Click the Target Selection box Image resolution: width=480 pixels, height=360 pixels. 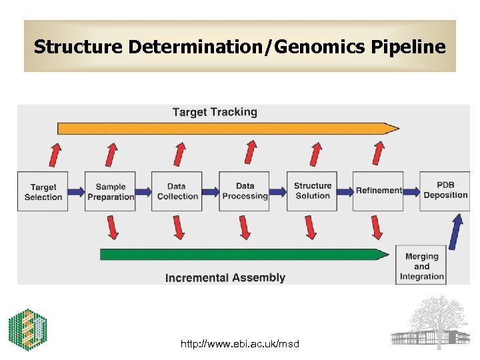[x=43, y=192]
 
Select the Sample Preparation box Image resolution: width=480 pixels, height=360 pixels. [x=110, y=192]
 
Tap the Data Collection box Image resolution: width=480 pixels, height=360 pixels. [x=177, y=192]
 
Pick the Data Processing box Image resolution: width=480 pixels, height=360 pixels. [x=245, y=192]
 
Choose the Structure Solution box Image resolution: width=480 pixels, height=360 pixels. [x=312, y=191]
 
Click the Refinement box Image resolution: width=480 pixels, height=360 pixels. [x=378, y=191]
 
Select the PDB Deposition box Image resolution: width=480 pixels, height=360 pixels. [x=445, y=191]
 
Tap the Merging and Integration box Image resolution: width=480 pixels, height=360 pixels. [x=422, y=266]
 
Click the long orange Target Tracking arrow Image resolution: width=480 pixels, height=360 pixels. [x=227, y=128]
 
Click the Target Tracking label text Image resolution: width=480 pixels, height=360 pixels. [x=215, y=112]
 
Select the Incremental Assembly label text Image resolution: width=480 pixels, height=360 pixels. [x=225, y=277]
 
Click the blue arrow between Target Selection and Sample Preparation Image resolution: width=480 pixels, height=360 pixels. [x=77, y=192]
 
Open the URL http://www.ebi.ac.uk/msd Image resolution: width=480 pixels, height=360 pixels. [x=240, y=344]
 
